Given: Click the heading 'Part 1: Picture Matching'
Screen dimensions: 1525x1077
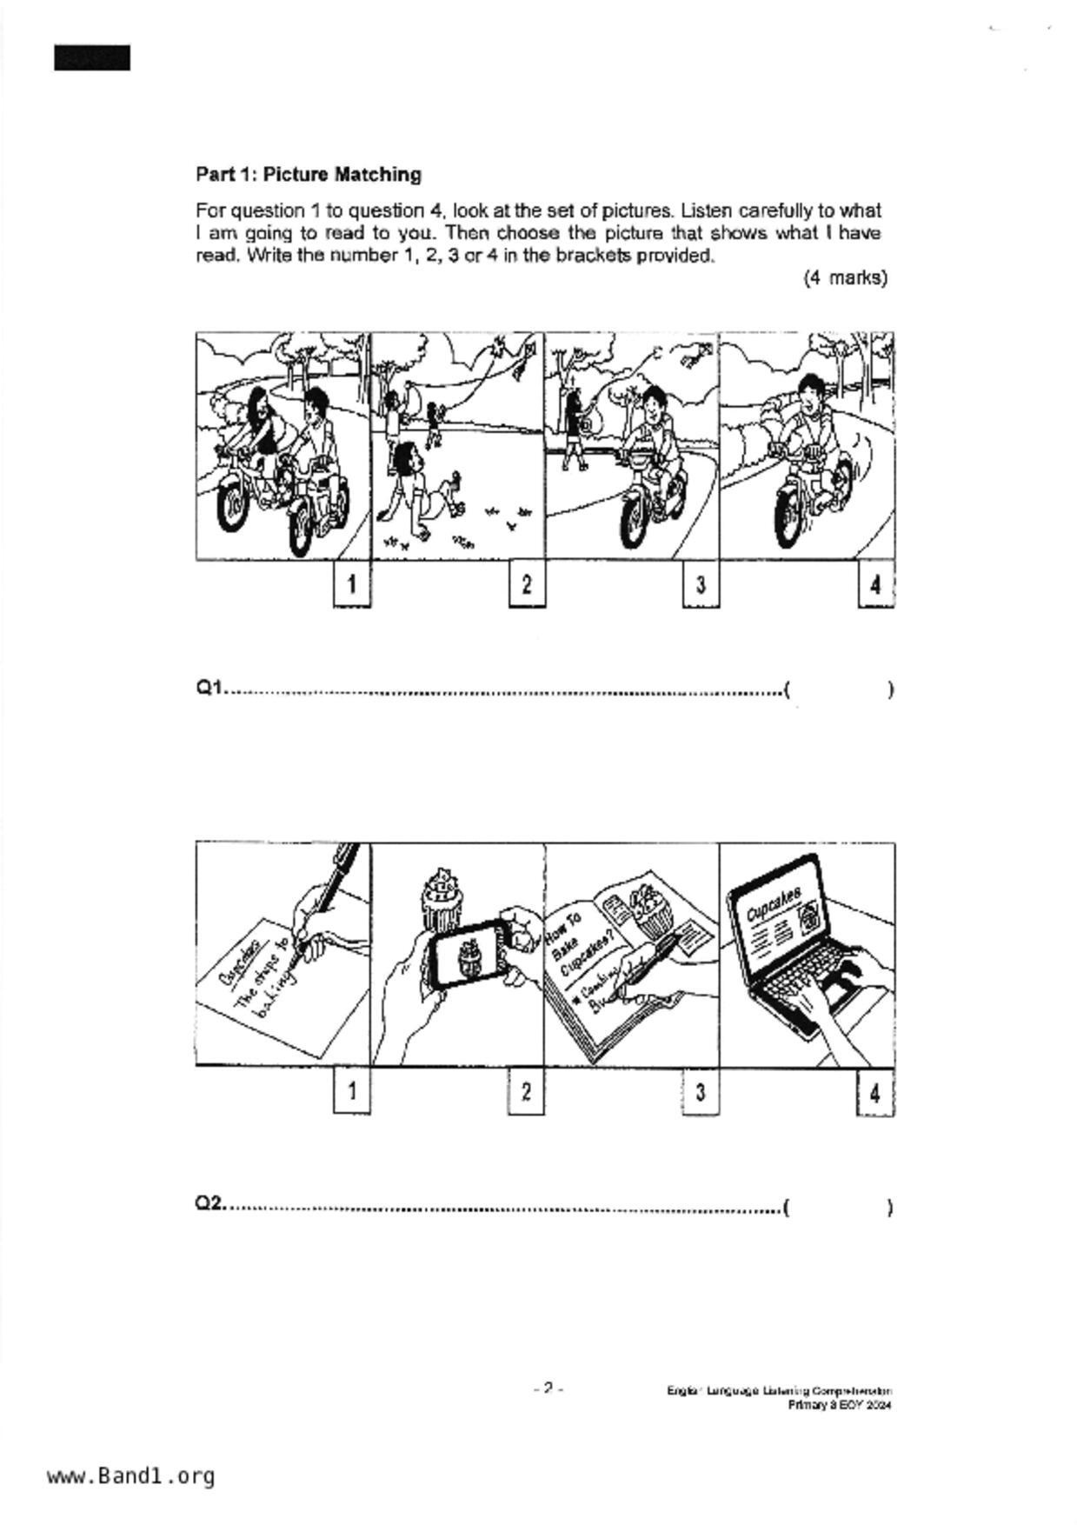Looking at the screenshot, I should (308, 174).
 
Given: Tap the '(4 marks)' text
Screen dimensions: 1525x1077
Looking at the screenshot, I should (844, 277).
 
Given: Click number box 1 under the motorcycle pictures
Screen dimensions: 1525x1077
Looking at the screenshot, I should (351, 584).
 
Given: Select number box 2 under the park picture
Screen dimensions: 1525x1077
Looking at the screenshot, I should (526, 584).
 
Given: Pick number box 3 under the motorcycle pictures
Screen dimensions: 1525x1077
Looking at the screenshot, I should (700, 584).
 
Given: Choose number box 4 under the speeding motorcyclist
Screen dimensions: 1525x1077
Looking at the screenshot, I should (874, 585).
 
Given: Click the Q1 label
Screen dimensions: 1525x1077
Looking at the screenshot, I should (209, 688).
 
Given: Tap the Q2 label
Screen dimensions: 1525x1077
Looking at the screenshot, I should (209, 1203).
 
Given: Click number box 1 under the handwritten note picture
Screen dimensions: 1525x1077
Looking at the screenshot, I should (351, 1090).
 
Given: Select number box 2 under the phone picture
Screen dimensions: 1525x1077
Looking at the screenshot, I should (525, 1090).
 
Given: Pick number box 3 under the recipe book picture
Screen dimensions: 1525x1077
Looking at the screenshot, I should (700, 1091).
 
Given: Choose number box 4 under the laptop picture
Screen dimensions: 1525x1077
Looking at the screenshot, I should (874, 1093).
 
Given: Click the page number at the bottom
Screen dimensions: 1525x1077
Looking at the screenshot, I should (548, 1388).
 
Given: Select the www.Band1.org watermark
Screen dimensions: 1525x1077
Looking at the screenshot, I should (130, 1475).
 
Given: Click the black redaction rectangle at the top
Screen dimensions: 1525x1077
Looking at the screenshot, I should (92, 58).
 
